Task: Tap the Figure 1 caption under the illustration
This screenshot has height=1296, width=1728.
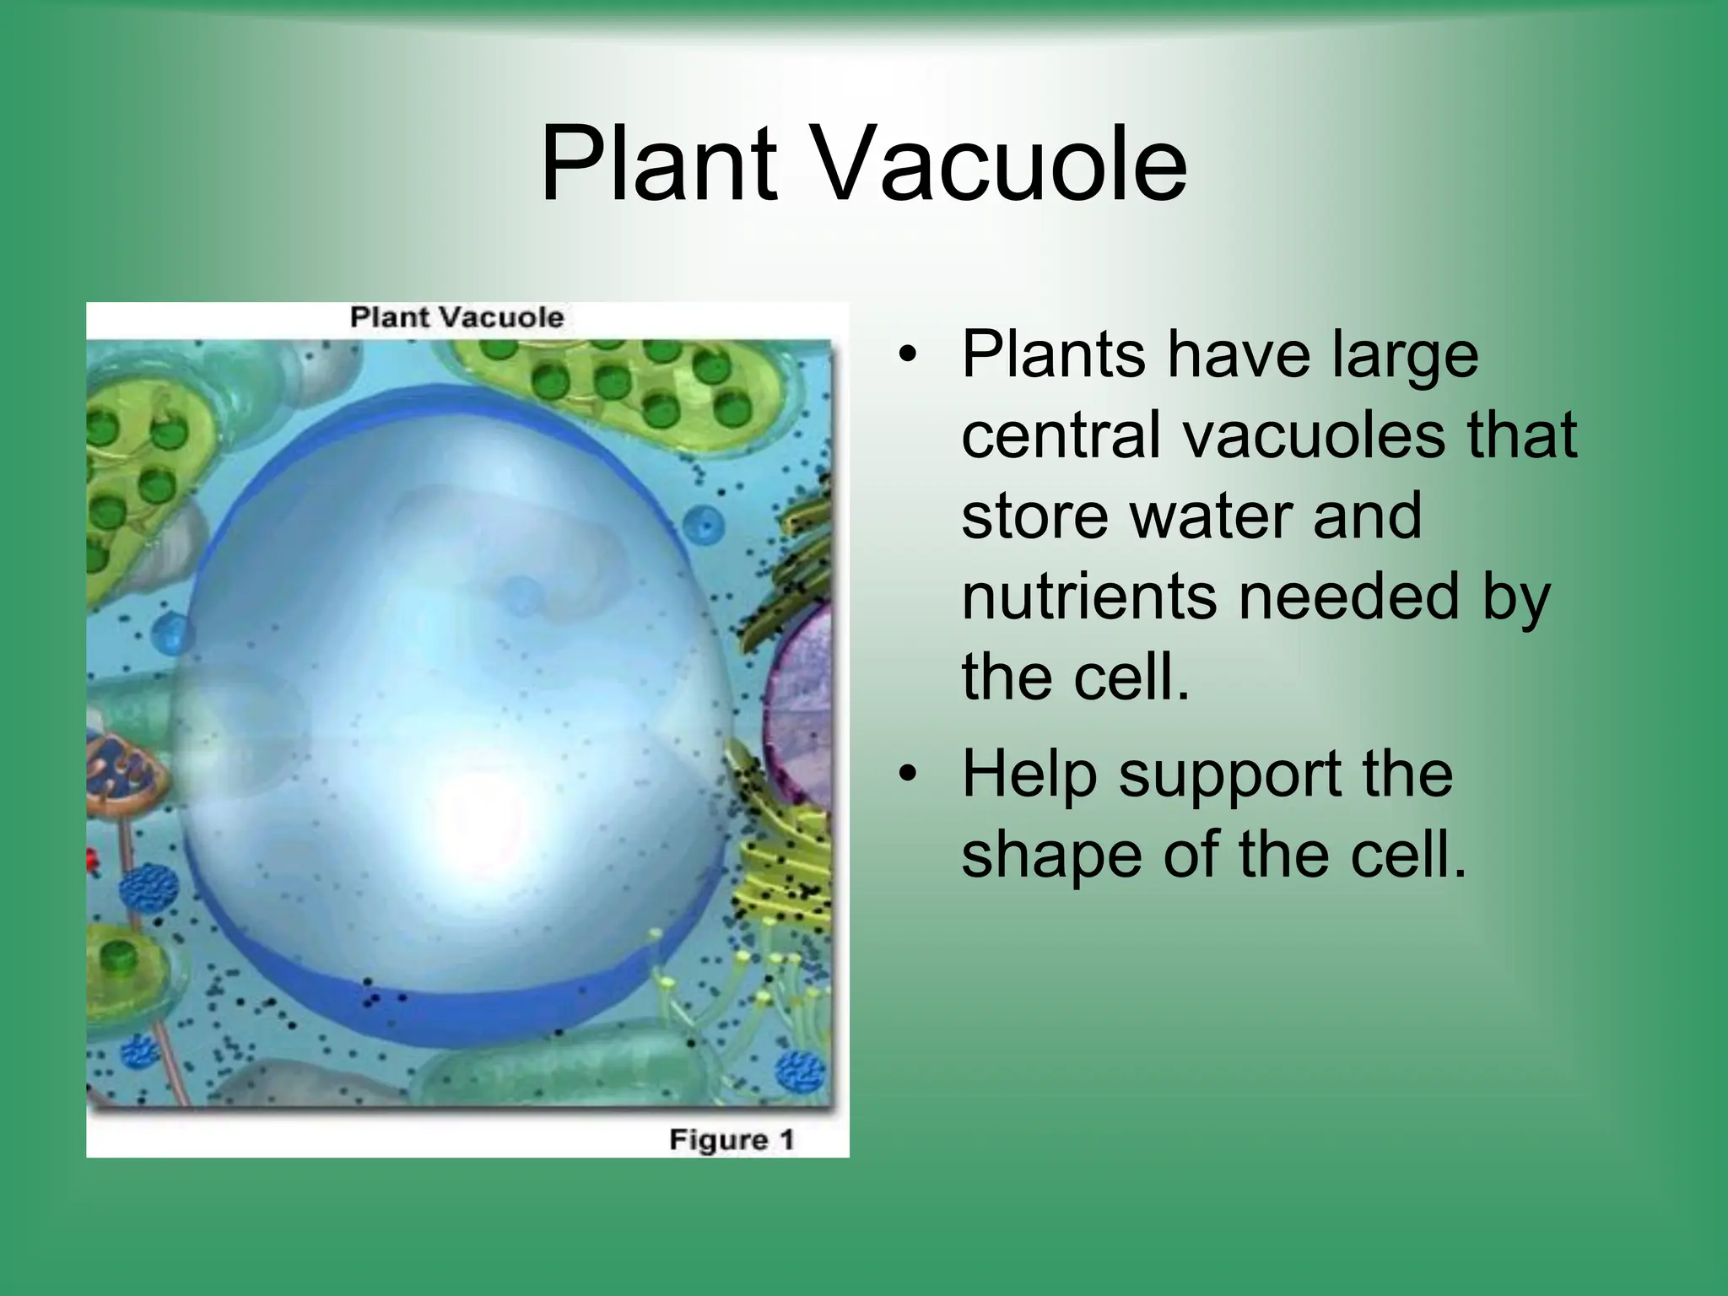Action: pos(732,1140)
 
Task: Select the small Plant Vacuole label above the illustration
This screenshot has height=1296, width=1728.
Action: pos(456,317)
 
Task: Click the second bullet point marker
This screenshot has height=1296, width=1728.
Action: pos(906,774)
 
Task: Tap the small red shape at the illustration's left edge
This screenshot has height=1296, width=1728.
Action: pos(92,860)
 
